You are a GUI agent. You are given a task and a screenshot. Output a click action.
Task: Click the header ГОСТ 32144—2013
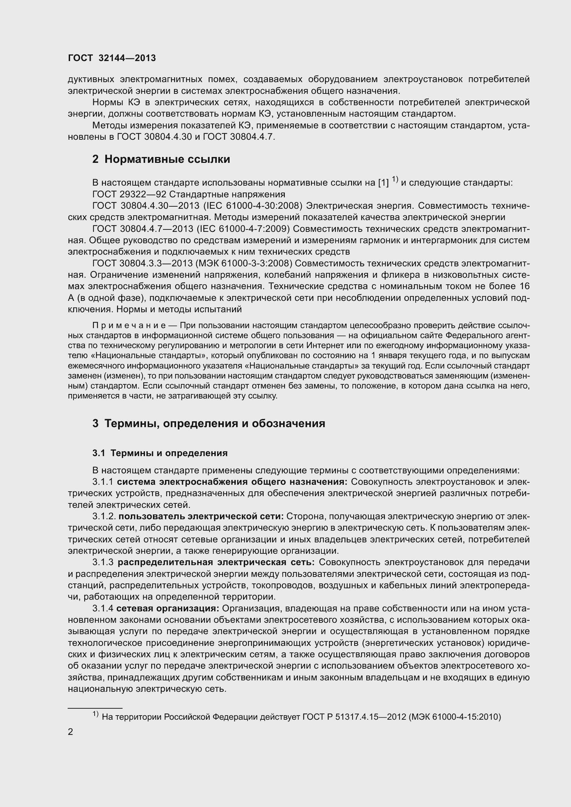point(112,58)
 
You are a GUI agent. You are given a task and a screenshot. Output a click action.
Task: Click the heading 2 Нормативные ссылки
point(161,159)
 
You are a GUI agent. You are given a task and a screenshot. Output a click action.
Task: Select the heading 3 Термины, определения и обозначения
point(209,424)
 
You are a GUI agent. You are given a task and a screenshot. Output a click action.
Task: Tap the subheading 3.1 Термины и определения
point(160,453)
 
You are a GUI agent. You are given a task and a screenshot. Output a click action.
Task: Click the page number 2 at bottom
point(71,732)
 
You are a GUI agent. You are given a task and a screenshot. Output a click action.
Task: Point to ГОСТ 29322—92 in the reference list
point(129,194)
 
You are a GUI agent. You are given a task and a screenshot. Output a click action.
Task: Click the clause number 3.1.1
point(103,482)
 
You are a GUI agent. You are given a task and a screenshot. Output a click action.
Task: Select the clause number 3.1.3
point(103,562)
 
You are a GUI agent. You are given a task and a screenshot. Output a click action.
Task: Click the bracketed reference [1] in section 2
point(383,183)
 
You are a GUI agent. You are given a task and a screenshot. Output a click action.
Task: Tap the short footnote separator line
point(95,708)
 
